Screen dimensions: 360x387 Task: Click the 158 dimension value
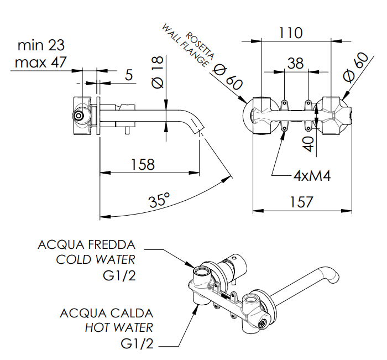click(143, 164)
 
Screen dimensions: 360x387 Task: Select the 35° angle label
click(159, 200)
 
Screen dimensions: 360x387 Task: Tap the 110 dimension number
click(290, 33)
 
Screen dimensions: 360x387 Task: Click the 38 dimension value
click(295, 63)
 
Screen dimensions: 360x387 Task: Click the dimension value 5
click(128, 75)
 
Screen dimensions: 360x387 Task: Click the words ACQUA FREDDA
click(86, 244)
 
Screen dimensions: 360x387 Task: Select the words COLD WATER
click(96, 259)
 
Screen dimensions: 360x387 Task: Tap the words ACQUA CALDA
click(106, 313)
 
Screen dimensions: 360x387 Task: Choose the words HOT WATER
click(119, 328)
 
